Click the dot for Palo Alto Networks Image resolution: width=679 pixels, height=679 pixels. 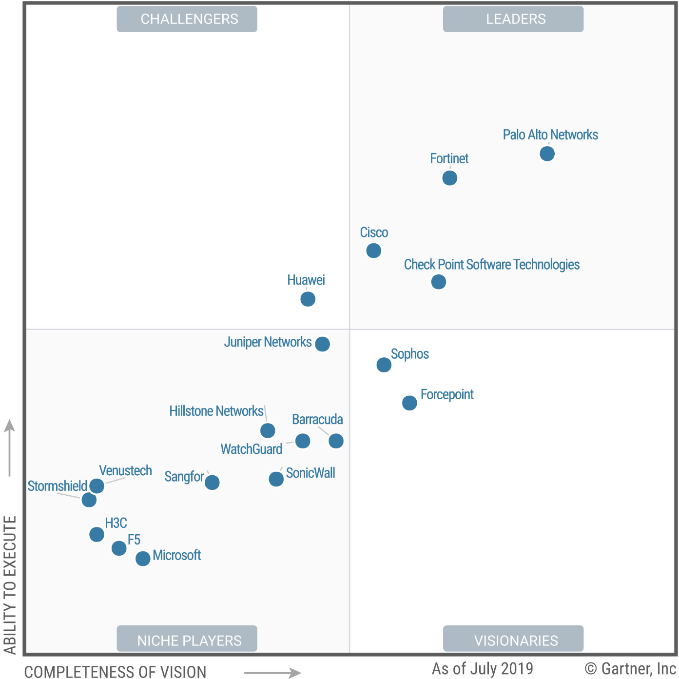(547, 154)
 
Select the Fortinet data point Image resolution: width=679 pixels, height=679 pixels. (449, 178)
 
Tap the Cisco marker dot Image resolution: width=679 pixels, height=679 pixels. (373, 251)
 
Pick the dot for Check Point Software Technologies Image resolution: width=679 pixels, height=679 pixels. (438, 282)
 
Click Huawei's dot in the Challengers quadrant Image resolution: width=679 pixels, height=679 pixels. (308, 299)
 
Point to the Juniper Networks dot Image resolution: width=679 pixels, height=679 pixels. (322, 344)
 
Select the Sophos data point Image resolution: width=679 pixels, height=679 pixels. (384, 365)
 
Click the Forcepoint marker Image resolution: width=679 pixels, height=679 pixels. (409, 403)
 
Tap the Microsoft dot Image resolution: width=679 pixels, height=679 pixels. (143, 559)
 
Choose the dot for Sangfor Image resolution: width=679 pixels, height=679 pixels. (212, 483)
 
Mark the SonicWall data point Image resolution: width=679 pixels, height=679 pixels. (276, 479)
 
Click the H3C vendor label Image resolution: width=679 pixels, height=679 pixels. (116, 523)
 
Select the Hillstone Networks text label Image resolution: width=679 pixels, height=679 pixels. (216, 411)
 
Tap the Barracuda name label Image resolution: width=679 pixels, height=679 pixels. (317, 420)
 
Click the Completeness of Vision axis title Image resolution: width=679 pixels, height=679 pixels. (115, 672)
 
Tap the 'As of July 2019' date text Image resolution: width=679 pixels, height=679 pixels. (482, 668)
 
